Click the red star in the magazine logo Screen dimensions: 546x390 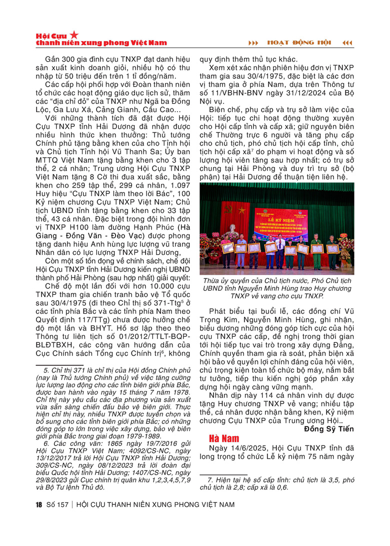point(74,34)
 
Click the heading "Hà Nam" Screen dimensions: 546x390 point(223,438)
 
